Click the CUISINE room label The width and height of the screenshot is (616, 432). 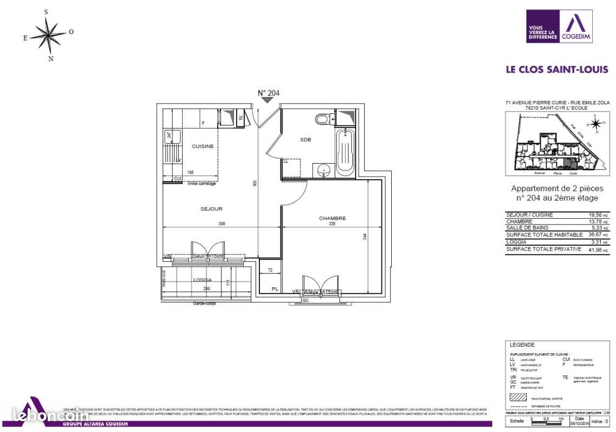pos(203,146)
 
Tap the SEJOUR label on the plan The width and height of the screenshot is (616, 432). pos(211,209)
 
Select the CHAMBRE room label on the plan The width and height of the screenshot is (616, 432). pos(332,218)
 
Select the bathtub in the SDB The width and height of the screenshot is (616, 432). pos(345,151)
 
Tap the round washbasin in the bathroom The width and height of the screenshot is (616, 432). pos(325,170)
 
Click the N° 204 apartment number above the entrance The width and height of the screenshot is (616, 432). pos(268,93)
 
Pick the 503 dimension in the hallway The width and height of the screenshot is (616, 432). pos(255,184)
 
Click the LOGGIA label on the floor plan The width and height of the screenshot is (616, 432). pos(203,280)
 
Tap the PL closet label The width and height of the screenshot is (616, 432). pos(275,289)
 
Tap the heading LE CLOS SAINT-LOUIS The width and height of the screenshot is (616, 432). pos(557,70)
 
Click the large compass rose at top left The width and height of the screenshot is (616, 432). pos(49,36)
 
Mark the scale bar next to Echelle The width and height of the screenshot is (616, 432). pos(548,420)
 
